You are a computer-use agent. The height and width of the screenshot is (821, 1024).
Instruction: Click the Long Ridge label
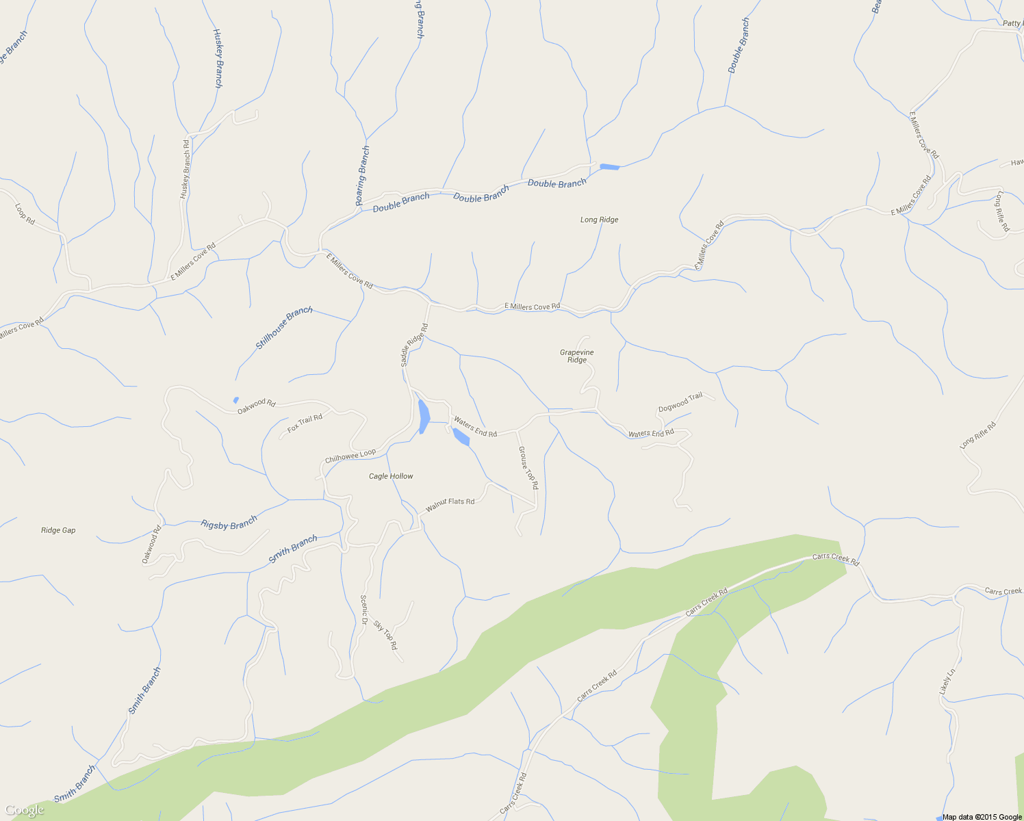click(599, 220)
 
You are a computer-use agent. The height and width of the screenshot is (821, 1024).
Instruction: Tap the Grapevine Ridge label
click(577, 356)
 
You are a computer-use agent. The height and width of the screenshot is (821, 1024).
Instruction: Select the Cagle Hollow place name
click(391, 476)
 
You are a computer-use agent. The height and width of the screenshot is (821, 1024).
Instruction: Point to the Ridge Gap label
click(58, 530)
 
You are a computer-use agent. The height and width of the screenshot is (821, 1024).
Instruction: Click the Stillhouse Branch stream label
click(284, 328)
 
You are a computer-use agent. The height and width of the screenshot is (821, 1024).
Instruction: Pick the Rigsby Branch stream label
click(229, 524)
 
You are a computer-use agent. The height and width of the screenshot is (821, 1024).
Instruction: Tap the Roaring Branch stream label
click(363, 175)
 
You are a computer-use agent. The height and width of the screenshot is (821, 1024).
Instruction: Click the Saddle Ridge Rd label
click(414, 345)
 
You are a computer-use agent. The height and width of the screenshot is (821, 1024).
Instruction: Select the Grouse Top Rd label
click(528, 468)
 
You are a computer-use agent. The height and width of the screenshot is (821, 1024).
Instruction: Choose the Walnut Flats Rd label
click(450, 506)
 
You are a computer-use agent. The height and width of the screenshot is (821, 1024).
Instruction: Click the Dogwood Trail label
click(680, 402)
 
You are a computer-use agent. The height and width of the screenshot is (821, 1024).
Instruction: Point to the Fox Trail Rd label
click(305, 423)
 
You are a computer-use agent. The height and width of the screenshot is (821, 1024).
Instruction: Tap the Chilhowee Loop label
click(350, 456)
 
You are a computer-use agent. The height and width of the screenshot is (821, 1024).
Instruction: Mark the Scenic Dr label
click(364, 610)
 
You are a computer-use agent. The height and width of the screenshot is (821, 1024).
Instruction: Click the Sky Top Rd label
click(385, 635)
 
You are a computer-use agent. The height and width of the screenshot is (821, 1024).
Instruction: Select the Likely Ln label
click(946, 683)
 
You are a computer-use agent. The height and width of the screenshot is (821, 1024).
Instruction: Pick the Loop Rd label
click(25, 214)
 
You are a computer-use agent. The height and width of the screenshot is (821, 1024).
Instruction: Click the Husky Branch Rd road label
click(185, 169)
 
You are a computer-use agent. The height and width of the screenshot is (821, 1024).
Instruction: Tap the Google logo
click(24, 810)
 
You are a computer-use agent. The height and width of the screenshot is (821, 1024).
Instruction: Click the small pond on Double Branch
click(609, 167)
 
